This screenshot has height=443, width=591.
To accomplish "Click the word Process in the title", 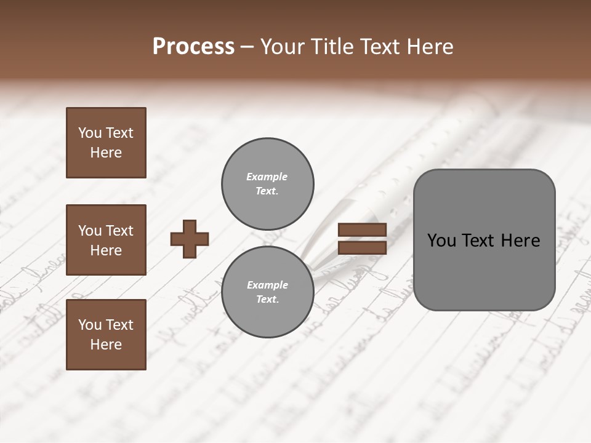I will [x=193, y=47].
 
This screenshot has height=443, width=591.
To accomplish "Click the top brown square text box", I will [x=106, y=143].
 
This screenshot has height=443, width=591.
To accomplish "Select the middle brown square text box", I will [x=106, y=240].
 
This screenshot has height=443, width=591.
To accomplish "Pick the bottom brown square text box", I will [x=106, y=335].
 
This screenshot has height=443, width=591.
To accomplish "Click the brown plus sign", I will [x=190, y=239].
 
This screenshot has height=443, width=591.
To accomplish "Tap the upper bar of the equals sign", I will [x=362, y=230].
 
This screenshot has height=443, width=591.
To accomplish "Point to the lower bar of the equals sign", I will [x=362, y=248].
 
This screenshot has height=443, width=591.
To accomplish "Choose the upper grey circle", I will [x=267, y=184].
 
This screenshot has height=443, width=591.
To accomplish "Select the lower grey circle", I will [x=267, y=292].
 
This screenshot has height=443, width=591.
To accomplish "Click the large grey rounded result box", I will [x=484, y=240].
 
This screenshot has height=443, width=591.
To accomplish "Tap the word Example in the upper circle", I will [x=267, y=177].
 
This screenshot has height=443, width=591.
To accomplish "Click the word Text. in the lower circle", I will [x=267, y=300].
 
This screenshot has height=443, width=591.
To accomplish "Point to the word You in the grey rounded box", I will [x=442, y=241].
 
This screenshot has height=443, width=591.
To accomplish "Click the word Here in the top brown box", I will [x=106, y=153].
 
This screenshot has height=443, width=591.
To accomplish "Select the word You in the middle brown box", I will [x=90, y=231].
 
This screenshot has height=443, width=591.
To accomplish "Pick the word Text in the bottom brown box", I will [x=119, y=325].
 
